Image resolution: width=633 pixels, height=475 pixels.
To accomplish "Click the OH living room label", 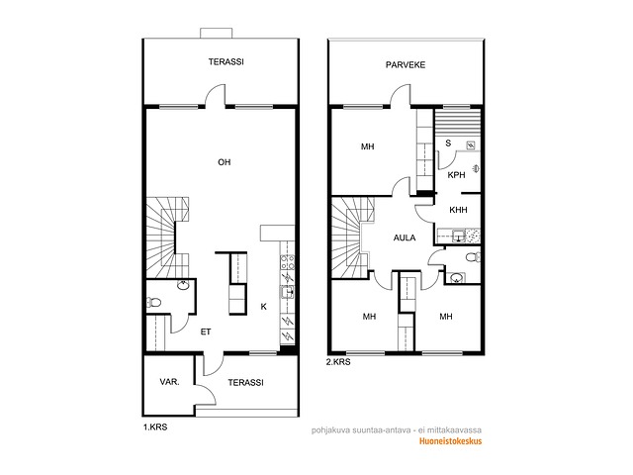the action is [x=225, y=162].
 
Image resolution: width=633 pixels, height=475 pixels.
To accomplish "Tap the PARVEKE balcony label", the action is [x=406, y=65].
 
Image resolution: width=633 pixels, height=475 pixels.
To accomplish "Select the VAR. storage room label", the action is [x=169, y=382].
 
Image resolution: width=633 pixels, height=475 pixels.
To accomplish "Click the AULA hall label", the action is [x=405, y=237].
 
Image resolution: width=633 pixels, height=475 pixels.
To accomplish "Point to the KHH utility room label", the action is [x=458, y=210].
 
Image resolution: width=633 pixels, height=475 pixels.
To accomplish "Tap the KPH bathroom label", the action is [x=457, y=175].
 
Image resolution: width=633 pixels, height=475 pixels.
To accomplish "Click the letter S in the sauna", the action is [x=448, y=143].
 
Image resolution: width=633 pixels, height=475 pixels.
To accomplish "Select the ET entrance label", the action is [x=206, y=332].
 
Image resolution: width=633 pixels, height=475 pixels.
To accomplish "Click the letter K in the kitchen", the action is [x=264, y=307].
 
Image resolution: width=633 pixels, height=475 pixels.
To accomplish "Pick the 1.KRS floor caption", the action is [x=155, y=427].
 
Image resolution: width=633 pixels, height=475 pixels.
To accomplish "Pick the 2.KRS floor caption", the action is [x=338, y=362].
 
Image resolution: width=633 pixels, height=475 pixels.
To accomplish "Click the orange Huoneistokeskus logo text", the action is [x=451, y=441].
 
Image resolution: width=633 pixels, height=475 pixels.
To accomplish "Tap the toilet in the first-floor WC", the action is [x=154, y=302].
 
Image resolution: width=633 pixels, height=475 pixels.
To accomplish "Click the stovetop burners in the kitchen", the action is [x=287, y=262].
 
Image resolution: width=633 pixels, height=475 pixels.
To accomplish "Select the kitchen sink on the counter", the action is [x=288, y=292].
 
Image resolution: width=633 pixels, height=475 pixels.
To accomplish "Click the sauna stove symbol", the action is [x=471, y=145].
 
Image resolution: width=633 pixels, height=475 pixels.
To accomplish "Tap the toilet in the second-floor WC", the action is [x=473, y=257].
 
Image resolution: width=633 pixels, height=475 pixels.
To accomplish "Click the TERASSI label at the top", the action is [x=226, y=62].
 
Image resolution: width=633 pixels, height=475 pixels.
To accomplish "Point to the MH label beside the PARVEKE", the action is [x=367, y=146].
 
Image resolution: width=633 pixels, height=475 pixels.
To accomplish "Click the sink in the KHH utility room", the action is [x=458, y=236].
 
